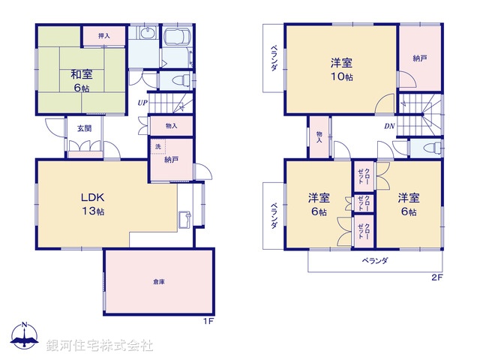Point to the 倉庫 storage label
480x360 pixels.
[158, 281]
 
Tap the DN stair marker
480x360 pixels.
[389, 125]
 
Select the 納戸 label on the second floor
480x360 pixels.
[418, 57]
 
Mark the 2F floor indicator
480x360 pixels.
[437, 278]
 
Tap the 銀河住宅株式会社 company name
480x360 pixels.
[99, 346]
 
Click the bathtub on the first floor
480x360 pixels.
[176, 39]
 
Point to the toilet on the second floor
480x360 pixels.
[431, 148]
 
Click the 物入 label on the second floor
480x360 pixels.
[319, 136]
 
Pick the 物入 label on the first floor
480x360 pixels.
[171, 125]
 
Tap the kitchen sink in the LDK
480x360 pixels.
[184, 220]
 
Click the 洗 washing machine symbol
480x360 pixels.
[157, 147]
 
